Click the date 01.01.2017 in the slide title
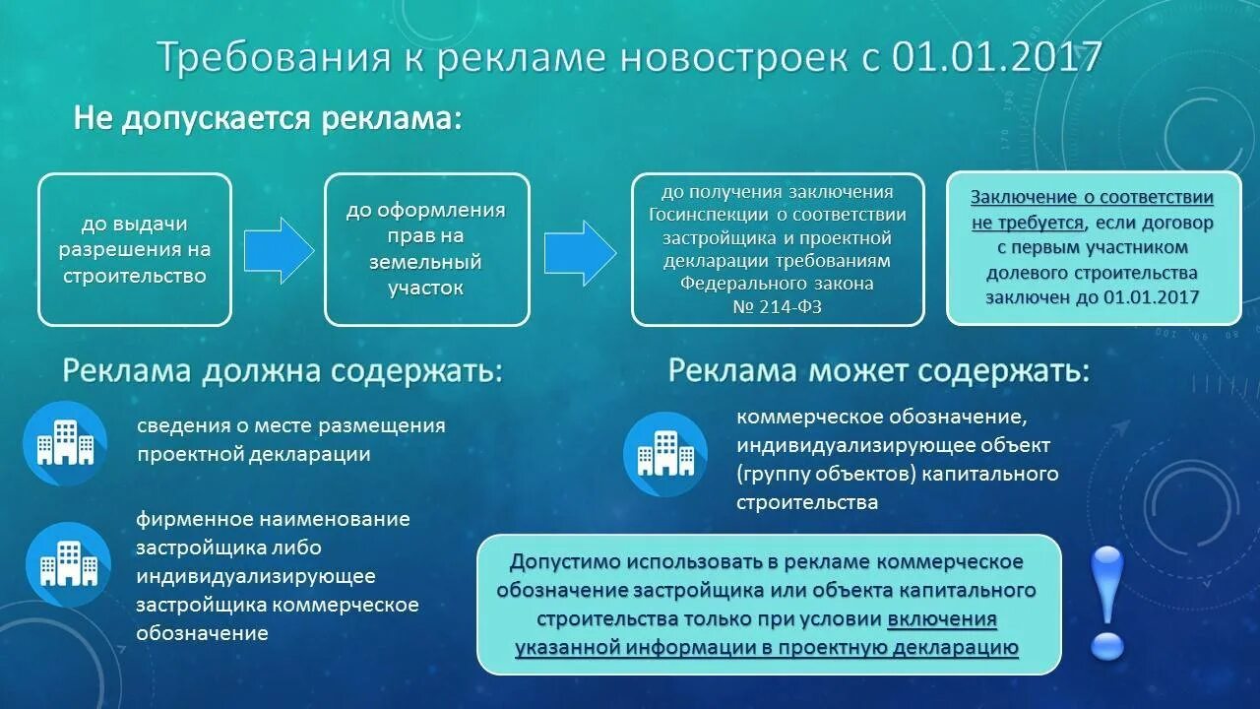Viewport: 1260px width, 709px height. (996, 58)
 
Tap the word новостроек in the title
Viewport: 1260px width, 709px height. (732, 58)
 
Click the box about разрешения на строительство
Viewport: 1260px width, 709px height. (135, 250)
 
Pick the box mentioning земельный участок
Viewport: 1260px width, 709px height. (426, 250)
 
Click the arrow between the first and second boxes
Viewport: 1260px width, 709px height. (279, 250)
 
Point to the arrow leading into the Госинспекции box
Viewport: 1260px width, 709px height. (580, 250)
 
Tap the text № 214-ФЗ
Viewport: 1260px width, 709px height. (778, 306)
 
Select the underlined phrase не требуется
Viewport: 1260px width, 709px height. (1028, 223)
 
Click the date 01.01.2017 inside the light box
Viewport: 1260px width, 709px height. (1152, 296)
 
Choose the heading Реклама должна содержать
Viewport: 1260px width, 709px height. (283, 372)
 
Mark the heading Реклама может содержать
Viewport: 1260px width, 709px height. (879, 371)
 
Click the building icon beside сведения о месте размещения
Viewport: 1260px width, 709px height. (65, 444)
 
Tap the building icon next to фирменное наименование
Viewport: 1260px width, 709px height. (68, 564)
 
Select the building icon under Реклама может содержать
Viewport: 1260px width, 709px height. (665, 454)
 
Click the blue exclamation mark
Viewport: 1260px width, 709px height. (1107, 602)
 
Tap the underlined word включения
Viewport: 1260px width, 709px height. (942, 619)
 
